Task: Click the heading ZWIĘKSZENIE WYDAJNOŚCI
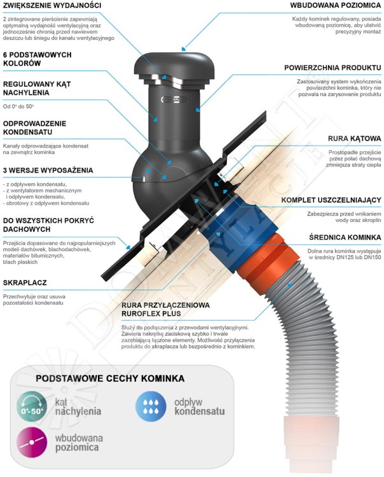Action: [52, 6]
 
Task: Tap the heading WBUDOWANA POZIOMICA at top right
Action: [335, 5]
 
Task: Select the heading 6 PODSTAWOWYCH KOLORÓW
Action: [37, 59]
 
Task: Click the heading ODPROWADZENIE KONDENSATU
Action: [34, 128]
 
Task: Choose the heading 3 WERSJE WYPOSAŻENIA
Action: [48, 170]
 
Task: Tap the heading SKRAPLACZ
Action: [25, 283]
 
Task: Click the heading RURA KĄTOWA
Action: [354, 139]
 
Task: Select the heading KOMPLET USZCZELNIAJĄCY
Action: [331, 200]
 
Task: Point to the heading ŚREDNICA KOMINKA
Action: [345, 237]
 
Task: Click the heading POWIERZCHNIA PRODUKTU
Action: [333, 67]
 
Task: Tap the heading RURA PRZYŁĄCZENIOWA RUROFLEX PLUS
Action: [165, 309]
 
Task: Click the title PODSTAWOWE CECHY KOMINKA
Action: [110, 378]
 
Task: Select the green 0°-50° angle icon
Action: [32, 406]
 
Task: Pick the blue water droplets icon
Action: [151, 406]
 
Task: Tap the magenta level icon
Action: [32, 442]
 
